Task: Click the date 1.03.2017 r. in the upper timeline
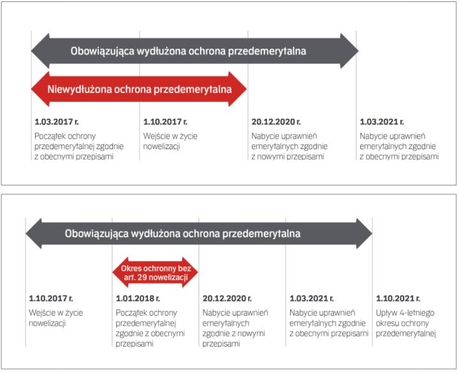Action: pyautogui.click(x=57, y=122)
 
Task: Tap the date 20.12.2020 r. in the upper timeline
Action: pyautogui.click(x=276, y=122)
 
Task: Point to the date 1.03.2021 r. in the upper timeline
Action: pyautogui.click(x=382, y=122)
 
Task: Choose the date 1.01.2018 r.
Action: pyautogui.click(x=138, y=298)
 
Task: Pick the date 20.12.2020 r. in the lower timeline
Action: pyautogui.click(x=226, y=298)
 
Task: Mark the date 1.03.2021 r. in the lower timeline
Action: pyautogui.click(x=312, y=298)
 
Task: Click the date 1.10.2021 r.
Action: pyautogui.click(x=398, y=298)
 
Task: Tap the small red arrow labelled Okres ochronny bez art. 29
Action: pyautogui.click(x=156, y=273)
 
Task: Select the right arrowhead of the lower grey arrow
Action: pyautogui.click(x=364, y=233)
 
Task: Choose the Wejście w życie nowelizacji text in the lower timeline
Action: pyautogui.click(x=56, y=318)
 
